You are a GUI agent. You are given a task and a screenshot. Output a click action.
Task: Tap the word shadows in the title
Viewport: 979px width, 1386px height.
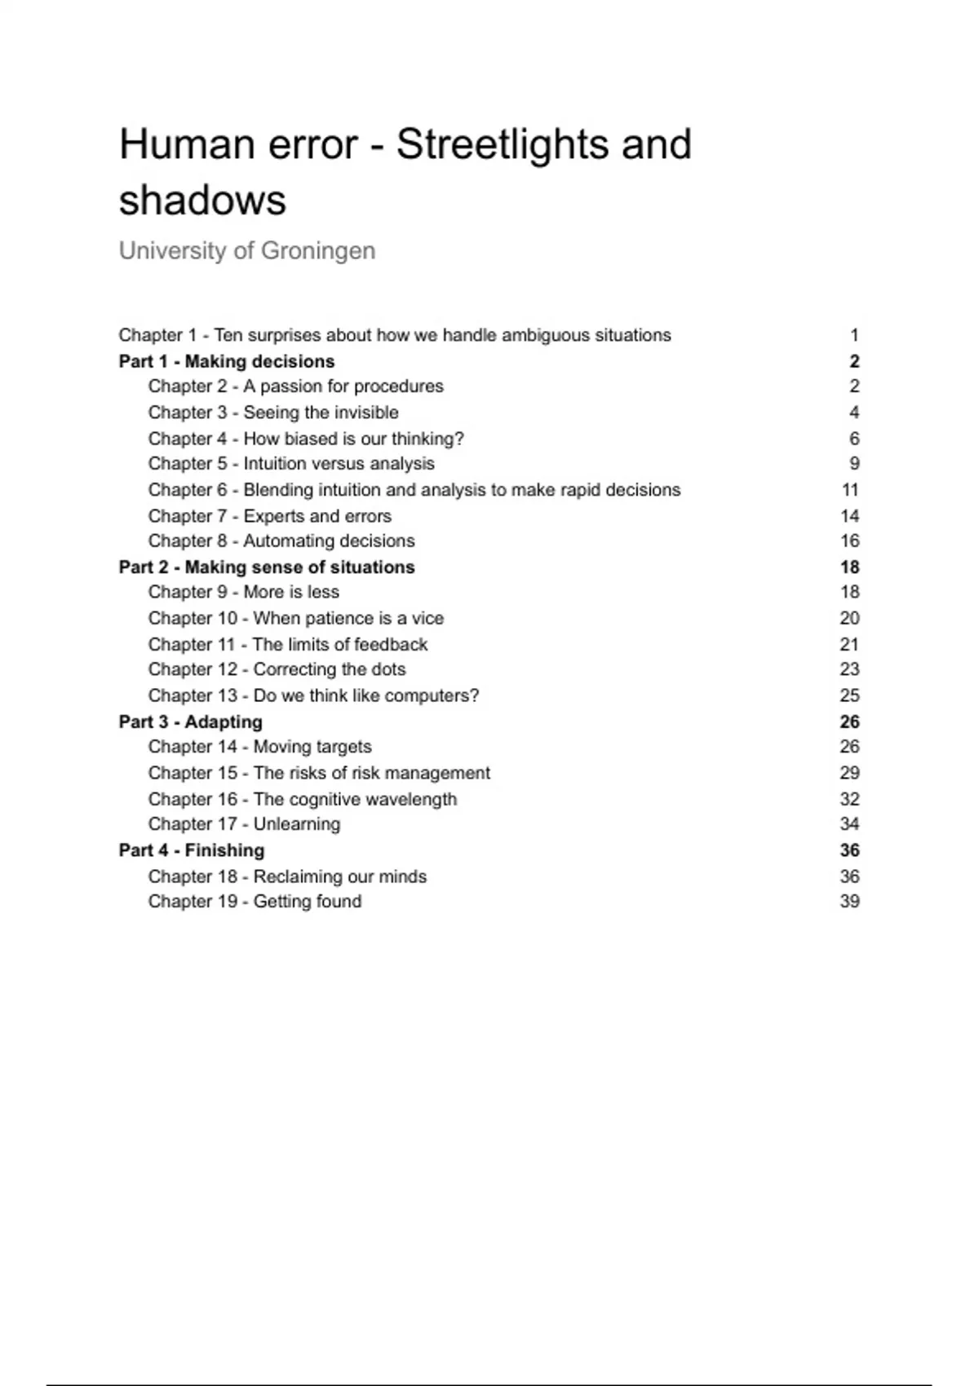(x=202, y=200)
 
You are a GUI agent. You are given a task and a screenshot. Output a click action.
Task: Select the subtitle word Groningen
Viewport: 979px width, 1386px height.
(x=318, y=250)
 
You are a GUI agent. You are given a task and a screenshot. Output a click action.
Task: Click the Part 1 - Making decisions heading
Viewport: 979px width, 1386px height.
(x=227, y=361)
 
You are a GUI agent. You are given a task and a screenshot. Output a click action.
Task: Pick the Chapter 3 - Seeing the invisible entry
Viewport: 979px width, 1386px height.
(x=273, y=413)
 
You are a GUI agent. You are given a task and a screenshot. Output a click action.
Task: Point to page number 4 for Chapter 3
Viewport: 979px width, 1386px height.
(x=854, y=413)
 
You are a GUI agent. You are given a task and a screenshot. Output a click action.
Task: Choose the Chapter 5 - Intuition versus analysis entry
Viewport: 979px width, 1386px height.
(x=291, y=464)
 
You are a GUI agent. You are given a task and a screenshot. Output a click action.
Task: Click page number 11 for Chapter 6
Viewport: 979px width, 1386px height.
(x=850, y=490)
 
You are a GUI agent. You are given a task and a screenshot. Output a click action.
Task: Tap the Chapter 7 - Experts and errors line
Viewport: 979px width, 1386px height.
(x=270, y=516)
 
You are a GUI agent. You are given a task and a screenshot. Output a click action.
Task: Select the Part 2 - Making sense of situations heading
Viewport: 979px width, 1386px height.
(x=267, y=567)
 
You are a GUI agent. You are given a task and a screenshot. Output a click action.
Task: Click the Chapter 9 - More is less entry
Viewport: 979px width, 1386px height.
(x=244, y=592)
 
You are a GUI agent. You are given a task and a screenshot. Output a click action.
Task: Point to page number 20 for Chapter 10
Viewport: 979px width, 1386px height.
(x=849, y=618)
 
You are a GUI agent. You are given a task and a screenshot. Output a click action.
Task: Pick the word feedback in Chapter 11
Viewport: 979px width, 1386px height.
(x=391, y=645)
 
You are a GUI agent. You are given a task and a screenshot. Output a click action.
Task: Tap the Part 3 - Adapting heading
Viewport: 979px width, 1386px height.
(x=191, y=722)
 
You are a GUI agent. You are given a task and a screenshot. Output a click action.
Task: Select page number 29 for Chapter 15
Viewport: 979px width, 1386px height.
(x=849, y=773)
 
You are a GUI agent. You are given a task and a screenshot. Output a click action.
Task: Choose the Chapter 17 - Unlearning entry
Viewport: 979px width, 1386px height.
(x=245, y=824)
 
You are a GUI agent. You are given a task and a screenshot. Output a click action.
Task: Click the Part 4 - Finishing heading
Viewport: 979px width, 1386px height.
(x=192, y=850)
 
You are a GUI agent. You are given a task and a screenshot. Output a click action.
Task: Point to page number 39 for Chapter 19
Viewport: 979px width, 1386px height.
(x=849, y=902)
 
